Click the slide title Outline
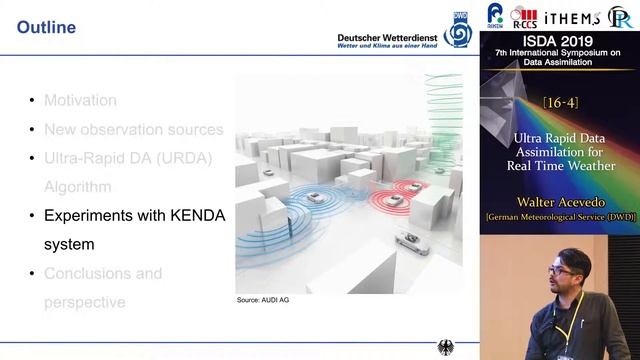[46, 28]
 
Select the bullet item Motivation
[80, 100]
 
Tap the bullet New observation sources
[133, 129]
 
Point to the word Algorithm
[77, 187]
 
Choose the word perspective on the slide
[84, 302]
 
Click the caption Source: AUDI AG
[263, 300]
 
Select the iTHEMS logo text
[573, 17]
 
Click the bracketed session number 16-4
[560, 103]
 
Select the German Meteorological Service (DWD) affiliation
[560, 217]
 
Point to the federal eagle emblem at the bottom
[446, 348]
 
